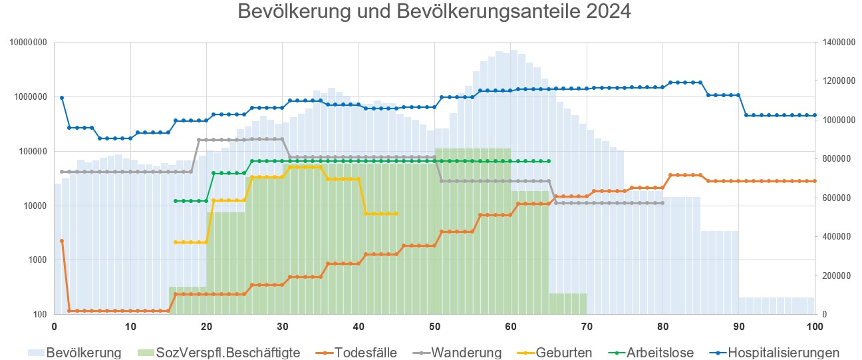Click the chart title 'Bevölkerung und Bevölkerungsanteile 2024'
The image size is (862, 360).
coord(434,12)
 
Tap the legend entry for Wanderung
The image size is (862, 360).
coord(466,353)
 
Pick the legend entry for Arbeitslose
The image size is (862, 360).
coord(660,353)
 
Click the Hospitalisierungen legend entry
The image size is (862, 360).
coord(784,353)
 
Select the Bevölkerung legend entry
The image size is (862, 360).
coord(84,353)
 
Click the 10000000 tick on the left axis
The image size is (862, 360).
coord(28,43)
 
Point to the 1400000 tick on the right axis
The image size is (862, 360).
coord(838,43)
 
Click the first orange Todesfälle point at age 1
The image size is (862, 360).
coord(62,241)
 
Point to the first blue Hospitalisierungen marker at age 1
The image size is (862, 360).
coord(62,98)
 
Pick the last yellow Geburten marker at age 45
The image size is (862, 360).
coord(396,214)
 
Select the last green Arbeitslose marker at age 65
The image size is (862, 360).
coord(549,161)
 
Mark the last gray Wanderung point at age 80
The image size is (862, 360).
coord(662,203)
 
